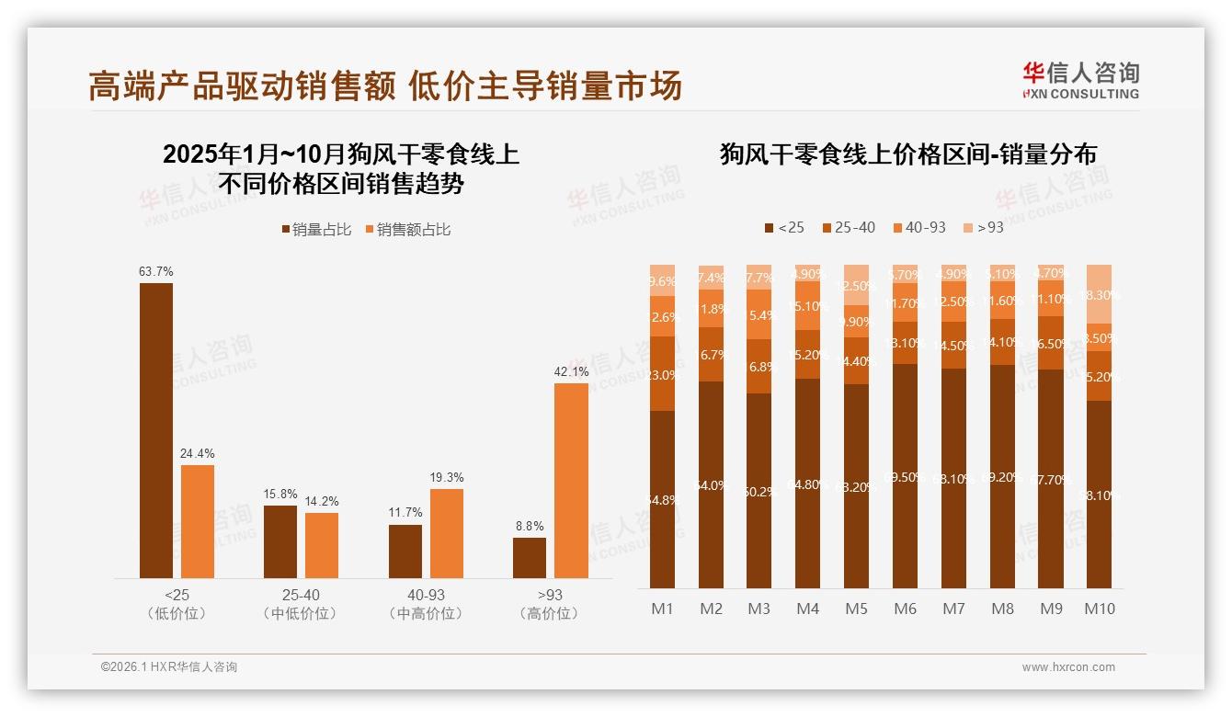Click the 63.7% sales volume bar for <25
[156, 430]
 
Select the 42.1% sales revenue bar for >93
[571, 480]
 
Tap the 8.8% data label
[529, 527]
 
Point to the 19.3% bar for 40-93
[447, 533]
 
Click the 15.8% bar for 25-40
[280, 541]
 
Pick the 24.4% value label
[198, 453]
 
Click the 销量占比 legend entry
[315, 230]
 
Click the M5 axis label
[856, 609]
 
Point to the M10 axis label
[1100, 609]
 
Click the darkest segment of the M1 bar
[662, 499]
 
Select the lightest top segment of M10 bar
[1100, 293]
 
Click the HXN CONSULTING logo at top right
[1080, 81]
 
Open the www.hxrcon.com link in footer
[1068, 667]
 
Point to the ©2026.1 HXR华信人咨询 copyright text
[169, 667]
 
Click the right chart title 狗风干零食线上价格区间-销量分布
[907, 154]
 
